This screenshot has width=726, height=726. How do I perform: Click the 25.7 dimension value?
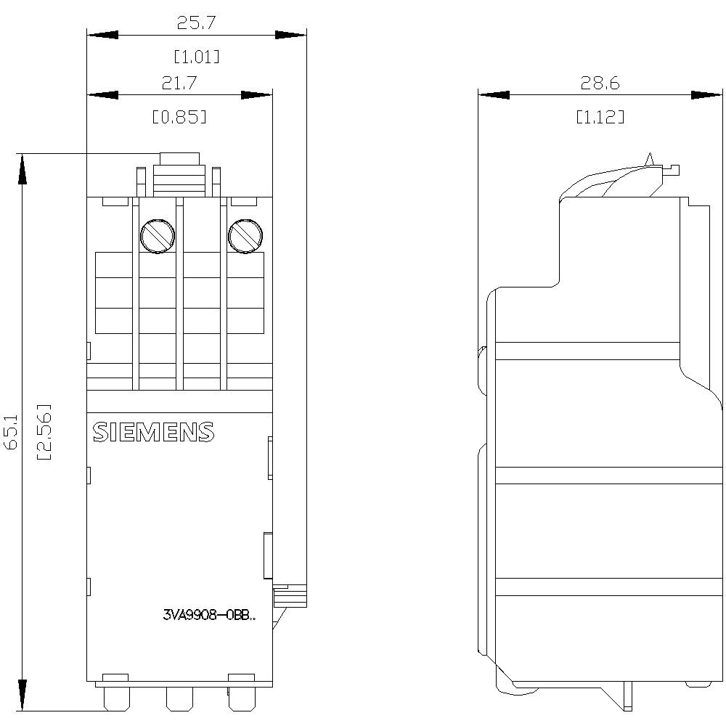(x=196, y=23)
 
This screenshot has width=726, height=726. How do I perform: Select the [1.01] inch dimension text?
(x=196, y=57)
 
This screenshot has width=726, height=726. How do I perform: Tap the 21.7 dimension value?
(x=179, y=83)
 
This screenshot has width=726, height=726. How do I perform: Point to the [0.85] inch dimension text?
(x=179, y=117)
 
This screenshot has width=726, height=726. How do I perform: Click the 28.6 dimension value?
(x=600, y=83)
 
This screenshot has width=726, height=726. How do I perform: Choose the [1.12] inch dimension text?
(x=600, y=117)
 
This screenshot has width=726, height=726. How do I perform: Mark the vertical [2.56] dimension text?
(x=44, y=433)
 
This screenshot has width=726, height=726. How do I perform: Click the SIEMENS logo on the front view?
(x=153, y=432)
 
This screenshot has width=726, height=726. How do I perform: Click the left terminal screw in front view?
(x=157, y=234)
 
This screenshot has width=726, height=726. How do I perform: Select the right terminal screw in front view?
(x=245, y=234)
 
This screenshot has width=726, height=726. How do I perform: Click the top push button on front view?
(x=179, y=160)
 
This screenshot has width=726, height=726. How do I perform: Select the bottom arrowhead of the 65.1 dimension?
(x=23, y=695)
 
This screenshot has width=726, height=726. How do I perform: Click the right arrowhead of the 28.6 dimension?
(x=707, y=95)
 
